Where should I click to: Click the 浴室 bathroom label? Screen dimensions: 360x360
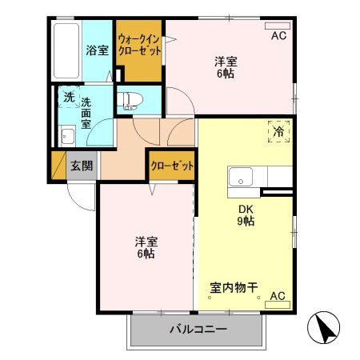tap(97, 50)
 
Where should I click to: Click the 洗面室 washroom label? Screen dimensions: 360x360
tap(86, 114)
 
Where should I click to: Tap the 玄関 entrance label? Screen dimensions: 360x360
tap(81, 166)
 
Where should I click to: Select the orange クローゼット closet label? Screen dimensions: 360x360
tap(172, 166)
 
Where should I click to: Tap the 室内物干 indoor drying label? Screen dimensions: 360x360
tap(234, 286)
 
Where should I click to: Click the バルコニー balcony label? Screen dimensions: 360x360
tap(198, 330)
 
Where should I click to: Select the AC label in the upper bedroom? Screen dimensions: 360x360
tap(278, 35)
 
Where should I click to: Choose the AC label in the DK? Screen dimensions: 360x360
tap(277, 296)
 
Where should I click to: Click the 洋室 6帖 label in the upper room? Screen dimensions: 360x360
tap(226, 67)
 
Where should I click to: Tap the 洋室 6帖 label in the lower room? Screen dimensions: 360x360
tap(145, 247)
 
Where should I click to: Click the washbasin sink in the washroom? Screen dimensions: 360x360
tap(67, 136)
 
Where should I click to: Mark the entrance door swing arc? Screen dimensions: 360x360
tap(80, 194)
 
